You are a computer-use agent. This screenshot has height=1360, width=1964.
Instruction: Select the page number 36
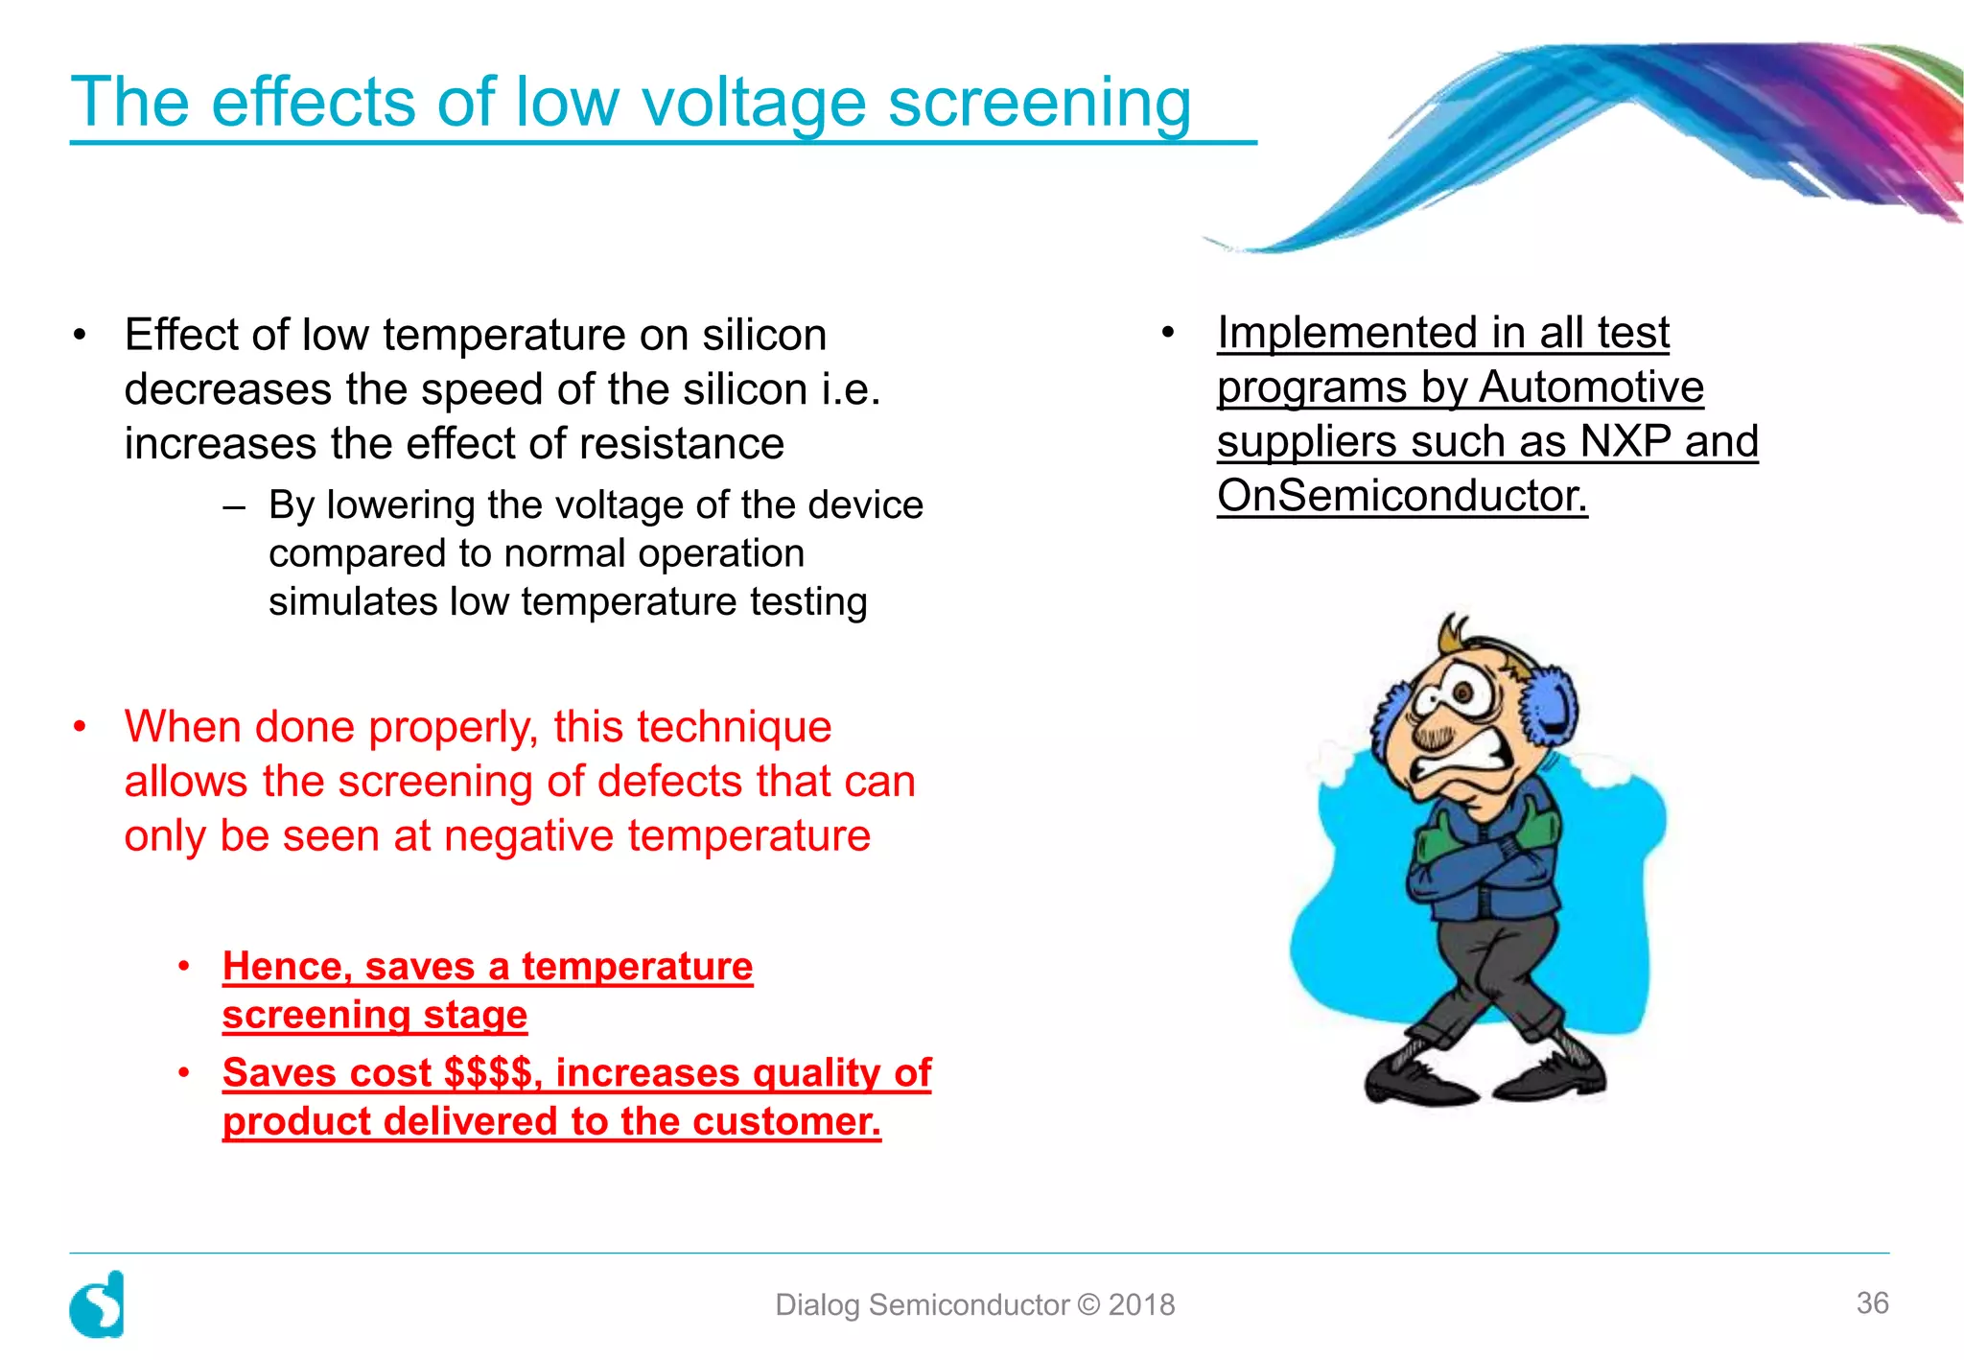1872,1302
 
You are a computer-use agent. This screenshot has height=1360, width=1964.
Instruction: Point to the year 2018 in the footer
1141,1304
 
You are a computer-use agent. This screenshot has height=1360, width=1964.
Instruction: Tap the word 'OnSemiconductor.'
1402,496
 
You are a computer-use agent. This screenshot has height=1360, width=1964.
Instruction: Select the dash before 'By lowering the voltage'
233,505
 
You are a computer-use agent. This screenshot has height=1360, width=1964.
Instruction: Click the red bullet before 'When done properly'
81,726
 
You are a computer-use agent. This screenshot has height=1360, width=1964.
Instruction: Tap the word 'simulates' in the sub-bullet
352,602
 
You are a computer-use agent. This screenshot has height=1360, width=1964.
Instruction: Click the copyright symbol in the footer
1088,1304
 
